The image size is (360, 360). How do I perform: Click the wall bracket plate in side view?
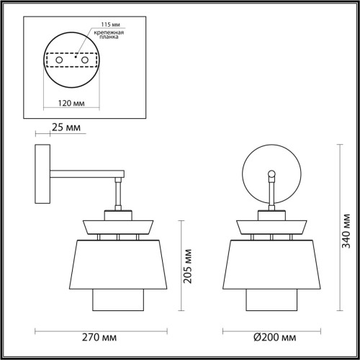(x=42, y=172)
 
